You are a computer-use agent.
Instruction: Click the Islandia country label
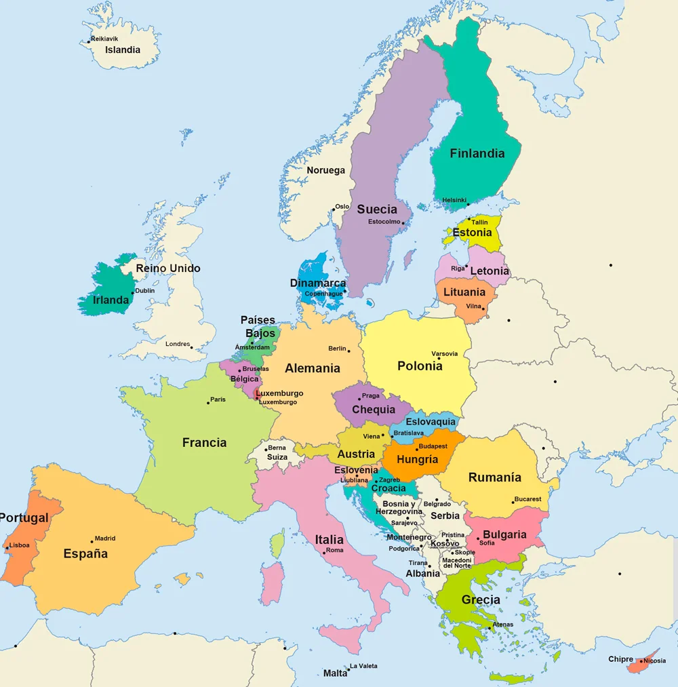(123, 50)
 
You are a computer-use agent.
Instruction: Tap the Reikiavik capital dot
(89, 41)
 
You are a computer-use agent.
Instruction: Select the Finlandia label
(477, 153)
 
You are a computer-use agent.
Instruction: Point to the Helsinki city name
(454, 200)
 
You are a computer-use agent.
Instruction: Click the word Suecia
(377, 209)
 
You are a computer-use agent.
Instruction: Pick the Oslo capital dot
(334, 209)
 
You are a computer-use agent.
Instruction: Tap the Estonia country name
(472, 233)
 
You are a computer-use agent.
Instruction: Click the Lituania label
(464, 292)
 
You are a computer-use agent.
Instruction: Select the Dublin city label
(145, 290)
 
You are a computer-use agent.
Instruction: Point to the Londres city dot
(192, 348)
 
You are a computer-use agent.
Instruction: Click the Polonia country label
(420, 366)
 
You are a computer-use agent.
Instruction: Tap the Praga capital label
(371, 395)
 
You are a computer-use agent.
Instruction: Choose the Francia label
(204, 443)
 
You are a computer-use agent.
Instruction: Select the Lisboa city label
(20, 545)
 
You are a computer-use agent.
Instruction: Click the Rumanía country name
(495, 477)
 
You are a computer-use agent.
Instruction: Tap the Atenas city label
(503, 624)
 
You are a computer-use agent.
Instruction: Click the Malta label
(335, 673)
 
